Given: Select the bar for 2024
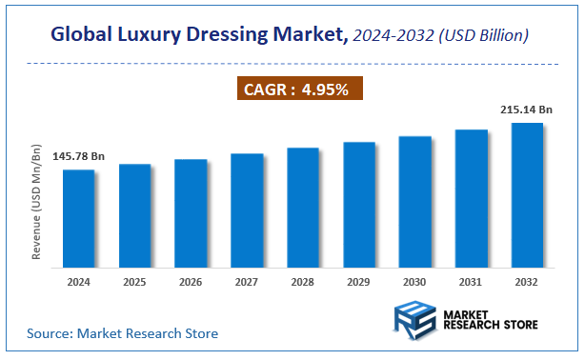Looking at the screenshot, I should [x=79, y=219].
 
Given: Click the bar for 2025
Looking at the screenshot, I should [x=134, y=216].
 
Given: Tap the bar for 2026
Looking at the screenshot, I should [x=191, y=213].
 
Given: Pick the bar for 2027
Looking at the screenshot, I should [x=247, y=210].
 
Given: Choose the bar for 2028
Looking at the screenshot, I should [x=303, y=208].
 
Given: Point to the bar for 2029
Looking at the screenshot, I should [x=359, y=205].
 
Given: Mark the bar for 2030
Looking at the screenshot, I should [x=415, y=202].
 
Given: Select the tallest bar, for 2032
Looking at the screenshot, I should [x=527, y=195].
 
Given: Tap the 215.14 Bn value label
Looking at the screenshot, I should [x=526, y=110].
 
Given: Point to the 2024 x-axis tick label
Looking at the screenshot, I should [x=79, y=283].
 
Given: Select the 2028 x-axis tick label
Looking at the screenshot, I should [x=303, y=283].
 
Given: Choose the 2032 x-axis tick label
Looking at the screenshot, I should [x=527, y=283].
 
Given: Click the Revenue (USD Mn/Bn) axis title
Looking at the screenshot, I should [x=37, y=203].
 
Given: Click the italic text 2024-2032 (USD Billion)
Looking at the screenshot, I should [x=441, y=36].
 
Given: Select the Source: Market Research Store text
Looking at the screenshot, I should [x=122, y=333].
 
